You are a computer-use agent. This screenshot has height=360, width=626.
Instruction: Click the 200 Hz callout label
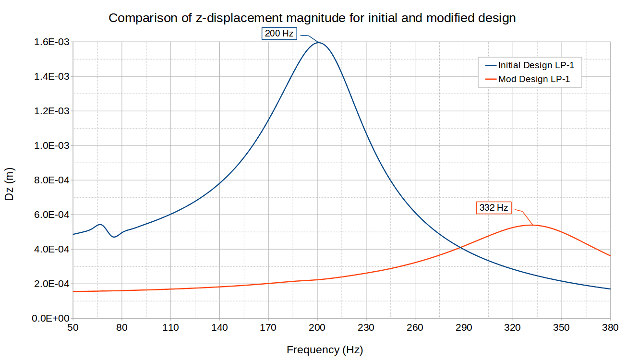click(279, 34)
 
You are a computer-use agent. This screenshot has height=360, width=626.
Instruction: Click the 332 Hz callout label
click(494, 208)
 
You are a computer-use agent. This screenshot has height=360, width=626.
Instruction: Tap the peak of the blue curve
click(318, 43)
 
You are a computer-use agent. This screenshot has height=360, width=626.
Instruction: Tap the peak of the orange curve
click(532, 225)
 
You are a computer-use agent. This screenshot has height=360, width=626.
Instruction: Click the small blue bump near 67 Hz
click(100, 224)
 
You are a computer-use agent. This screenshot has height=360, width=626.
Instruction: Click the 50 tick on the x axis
click(72, 328)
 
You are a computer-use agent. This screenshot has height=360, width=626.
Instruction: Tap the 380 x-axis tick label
click(610, 328)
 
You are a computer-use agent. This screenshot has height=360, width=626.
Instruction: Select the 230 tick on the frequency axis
click(366, 328)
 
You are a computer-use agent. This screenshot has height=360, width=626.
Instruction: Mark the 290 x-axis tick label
click(464, 328)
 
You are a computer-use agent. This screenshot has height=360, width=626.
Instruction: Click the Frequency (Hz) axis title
click(325, 349)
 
